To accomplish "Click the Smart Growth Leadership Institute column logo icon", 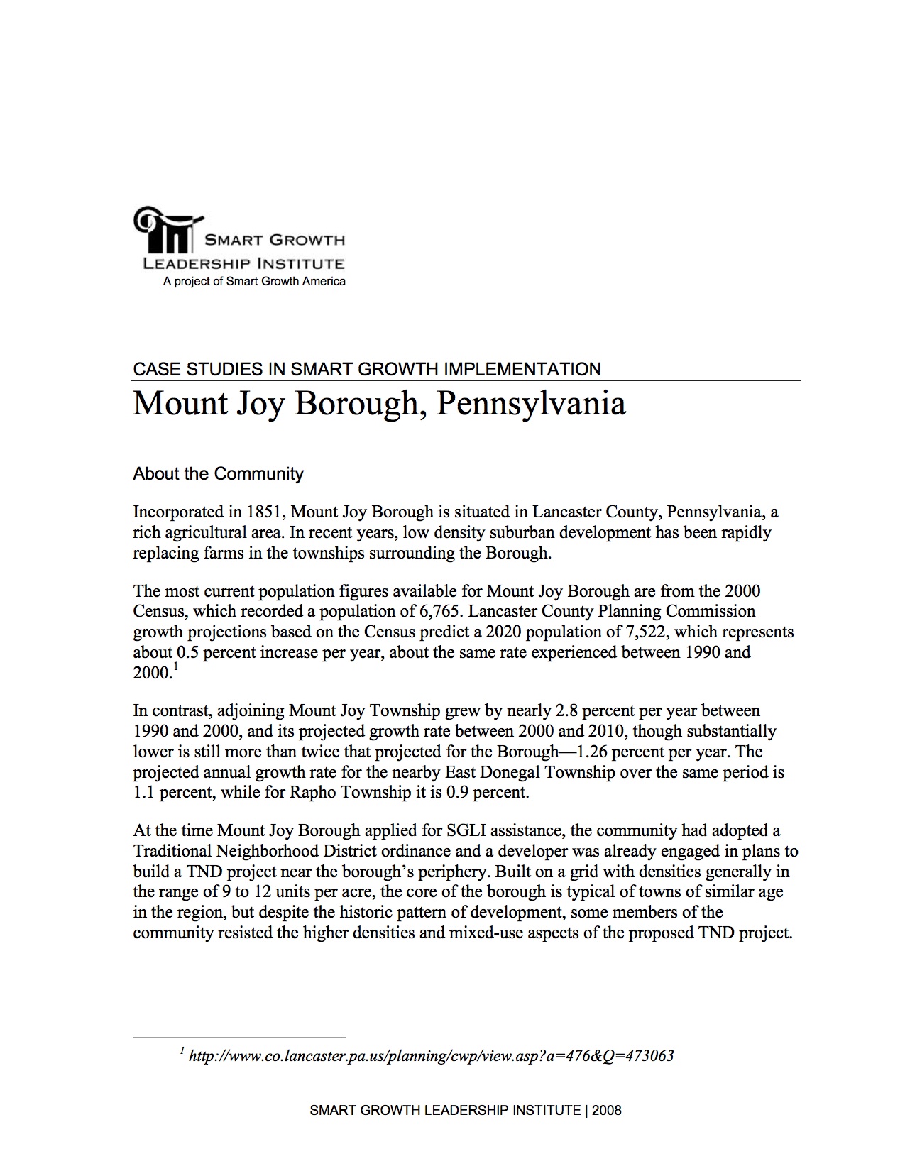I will [165, 229].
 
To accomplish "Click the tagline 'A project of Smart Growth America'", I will [254, 282].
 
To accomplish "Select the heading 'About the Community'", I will [218, 473].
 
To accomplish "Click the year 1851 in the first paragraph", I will [265, 512].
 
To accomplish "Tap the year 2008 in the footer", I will [607, 1111].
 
